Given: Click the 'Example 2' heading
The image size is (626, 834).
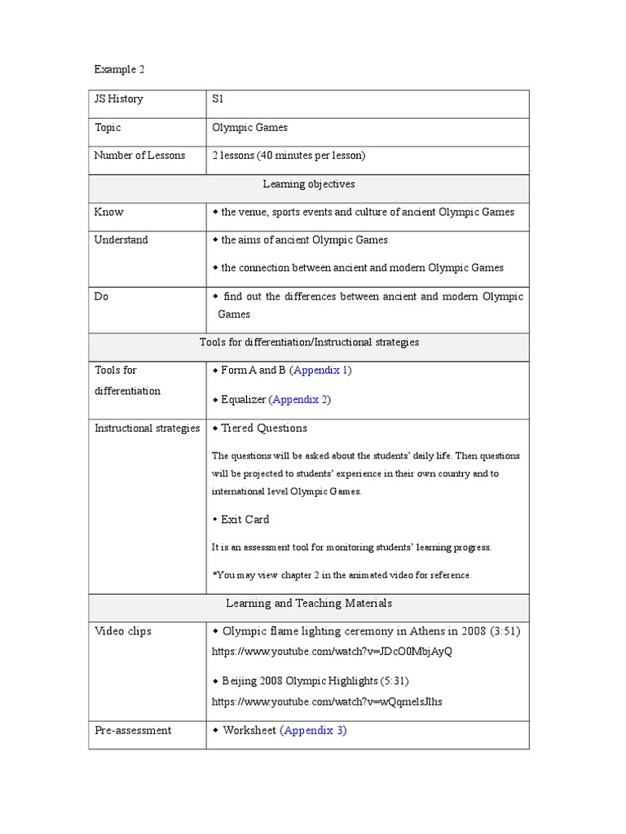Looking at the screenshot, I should point(119,70).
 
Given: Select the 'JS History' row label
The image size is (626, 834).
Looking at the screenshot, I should point(119,99).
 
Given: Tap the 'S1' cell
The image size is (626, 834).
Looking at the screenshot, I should point(218,99).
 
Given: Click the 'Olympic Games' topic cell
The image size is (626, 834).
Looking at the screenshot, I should point(249,127).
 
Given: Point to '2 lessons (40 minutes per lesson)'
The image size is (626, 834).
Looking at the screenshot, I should point(289,156).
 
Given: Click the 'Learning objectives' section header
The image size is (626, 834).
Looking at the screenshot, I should point(309,184).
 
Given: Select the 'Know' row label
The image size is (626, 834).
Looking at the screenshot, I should point(109,212).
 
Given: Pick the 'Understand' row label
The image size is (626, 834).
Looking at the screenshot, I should point(121,240).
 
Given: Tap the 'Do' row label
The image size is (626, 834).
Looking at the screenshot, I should point(102,296).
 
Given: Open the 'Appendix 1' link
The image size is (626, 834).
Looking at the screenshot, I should point(321,371).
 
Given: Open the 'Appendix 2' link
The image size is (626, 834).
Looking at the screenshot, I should point(300,400).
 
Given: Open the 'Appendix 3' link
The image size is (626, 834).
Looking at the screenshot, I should point(314,731).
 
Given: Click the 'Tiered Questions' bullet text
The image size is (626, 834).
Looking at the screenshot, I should point(264,428).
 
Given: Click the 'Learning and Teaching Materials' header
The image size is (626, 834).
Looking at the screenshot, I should point(309,604).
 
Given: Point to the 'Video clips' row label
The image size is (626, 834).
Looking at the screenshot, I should point(123,631).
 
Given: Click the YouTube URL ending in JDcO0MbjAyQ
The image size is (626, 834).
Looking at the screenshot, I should point(332,652).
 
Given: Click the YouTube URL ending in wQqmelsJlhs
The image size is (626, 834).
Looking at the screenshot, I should point(328,701).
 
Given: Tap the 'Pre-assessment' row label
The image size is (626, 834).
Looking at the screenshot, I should point(134,731).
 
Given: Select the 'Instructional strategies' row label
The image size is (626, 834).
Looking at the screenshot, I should point(148,428).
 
